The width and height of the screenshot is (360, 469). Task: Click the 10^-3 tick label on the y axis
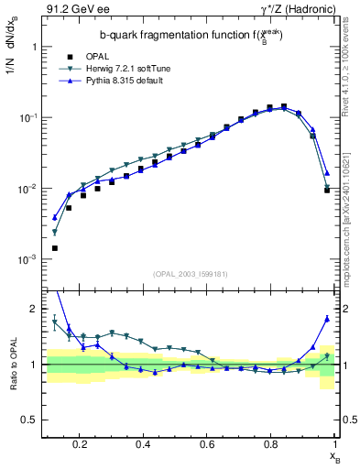pos(27,260)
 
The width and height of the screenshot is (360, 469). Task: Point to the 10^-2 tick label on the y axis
pos(27,189)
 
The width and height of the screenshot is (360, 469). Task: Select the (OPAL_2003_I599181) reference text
pos(197,273)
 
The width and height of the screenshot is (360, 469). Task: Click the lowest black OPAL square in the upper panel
pos(55,248)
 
